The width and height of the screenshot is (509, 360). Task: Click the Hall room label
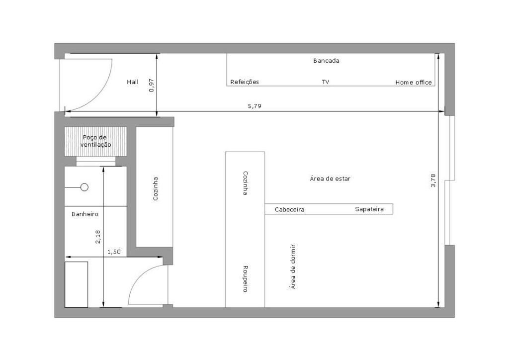click(132, 82)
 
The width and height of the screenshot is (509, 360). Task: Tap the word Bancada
click(326, 61)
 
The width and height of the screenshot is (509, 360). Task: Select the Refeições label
click(245, 82)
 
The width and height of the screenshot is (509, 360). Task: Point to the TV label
click(326, 82)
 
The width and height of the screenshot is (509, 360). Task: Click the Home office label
click(414, 83)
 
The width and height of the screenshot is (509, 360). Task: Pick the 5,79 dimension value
click(254, 106)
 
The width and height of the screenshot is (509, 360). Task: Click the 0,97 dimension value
click(152, 86)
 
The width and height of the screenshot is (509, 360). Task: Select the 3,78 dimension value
click(433, 180)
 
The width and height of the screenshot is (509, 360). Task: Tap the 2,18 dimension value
click(98, 237)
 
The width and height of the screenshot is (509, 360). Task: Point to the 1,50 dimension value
click(114, 252)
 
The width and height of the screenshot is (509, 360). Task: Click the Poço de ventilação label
click(95, 141)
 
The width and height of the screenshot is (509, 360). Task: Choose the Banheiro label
click(85, 214)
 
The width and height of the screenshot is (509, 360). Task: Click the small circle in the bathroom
click(85, 187)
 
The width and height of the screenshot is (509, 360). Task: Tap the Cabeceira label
click(290, 210)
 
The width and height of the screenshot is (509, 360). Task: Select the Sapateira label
click(369, 209)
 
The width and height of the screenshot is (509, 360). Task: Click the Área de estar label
click(330, 179)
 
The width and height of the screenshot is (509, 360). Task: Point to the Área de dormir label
click(293, 267)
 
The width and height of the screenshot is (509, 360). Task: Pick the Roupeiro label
click(246, 279)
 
